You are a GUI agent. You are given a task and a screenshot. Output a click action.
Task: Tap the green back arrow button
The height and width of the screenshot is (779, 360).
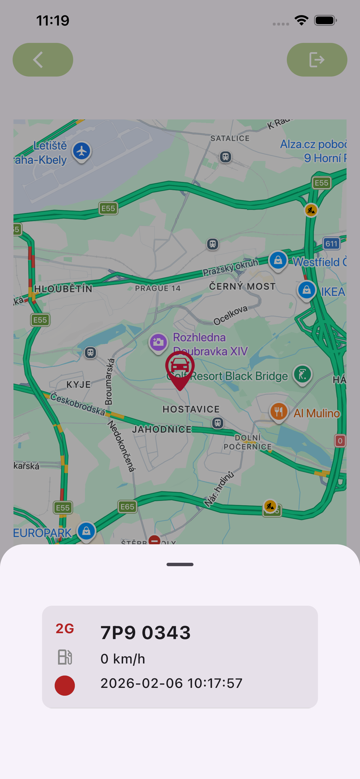(43, 59)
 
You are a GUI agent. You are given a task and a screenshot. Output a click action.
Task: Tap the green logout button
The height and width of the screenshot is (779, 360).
(317, 59)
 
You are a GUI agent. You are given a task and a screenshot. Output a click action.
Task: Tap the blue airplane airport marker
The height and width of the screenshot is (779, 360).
(82, 151)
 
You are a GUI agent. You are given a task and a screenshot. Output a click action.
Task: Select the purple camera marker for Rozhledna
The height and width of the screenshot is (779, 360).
(158, 343)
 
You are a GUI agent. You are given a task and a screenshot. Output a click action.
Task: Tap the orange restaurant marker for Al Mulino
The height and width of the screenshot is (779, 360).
(278, 411)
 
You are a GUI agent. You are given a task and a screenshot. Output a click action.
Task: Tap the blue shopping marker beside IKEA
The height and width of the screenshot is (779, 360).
(306, 290)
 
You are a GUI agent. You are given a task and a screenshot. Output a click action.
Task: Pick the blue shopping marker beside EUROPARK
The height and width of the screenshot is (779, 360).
(86, 531)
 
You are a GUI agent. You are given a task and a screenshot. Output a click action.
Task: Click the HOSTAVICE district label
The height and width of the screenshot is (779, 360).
(191, 409)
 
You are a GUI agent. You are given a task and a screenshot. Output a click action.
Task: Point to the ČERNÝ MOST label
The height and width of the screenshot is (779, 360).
(243, 286)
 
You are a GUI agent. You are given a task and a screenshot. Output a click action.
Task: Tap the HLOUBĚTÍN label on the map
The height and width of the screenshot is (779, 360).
(63, 289)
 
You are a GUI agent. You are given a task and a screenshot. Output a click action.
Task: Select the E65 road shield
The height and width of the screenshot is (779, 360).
(127, 507)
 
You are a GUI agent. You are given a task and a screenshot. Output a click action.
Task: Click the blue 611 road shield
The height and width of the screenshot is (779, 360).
(331, 243)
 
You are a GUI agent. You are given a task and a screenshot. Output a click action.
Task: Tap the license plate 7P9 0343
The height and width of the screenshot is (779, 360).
(146, 633)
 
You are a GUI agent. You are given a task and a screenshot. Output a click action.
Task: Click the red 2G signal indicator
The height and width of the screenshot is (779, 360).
(65, 629)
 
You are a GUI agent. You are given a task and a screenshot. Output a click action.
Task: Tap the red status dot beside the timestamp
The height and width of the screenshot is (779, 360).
(65, 685)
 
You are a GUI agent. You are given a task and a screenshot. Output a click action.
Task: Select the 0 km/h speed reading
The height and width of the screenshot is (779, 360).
(123, 659)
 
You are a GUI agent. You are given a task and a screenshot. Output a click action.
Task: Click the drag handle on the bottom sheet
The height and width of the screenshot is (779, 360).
(180, 564)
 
